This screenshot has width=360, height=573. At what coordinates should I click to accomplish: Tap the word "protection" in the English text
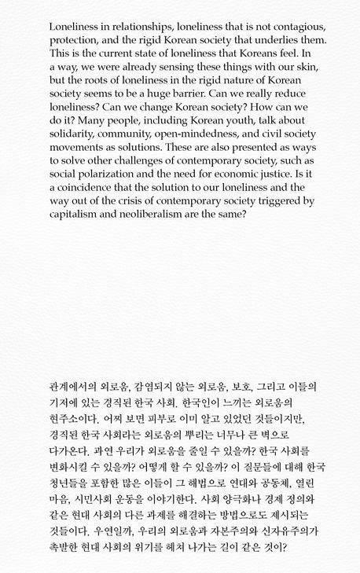77,40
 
